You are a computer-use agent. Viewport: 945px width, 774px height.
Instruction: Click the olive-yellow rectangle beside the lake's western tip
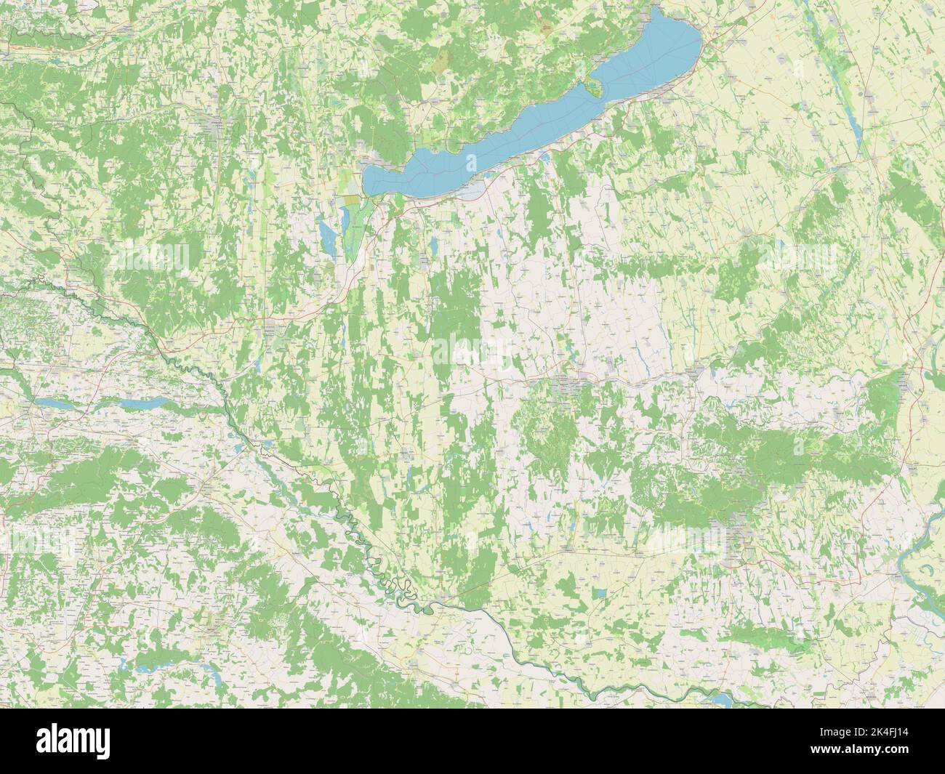(352, 198)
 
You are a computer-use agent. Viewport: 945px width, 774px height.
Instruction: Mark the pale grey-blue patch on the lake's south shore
(472, 190)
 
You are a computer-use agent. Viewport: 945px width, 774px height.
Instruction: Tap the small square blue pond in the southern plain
(600, 594)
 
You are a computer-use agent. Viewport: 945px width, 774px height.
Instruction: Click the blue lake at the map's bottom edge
(716, 698)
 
